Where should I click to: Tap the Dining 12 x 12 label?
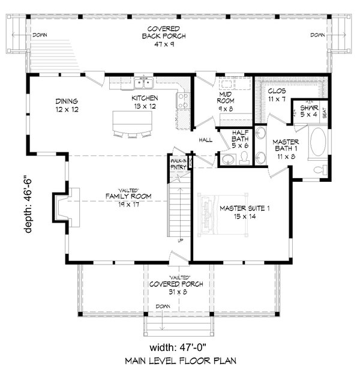(x=67, y=106)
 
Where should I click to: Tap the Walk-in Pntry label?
(x=178, y=164)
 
